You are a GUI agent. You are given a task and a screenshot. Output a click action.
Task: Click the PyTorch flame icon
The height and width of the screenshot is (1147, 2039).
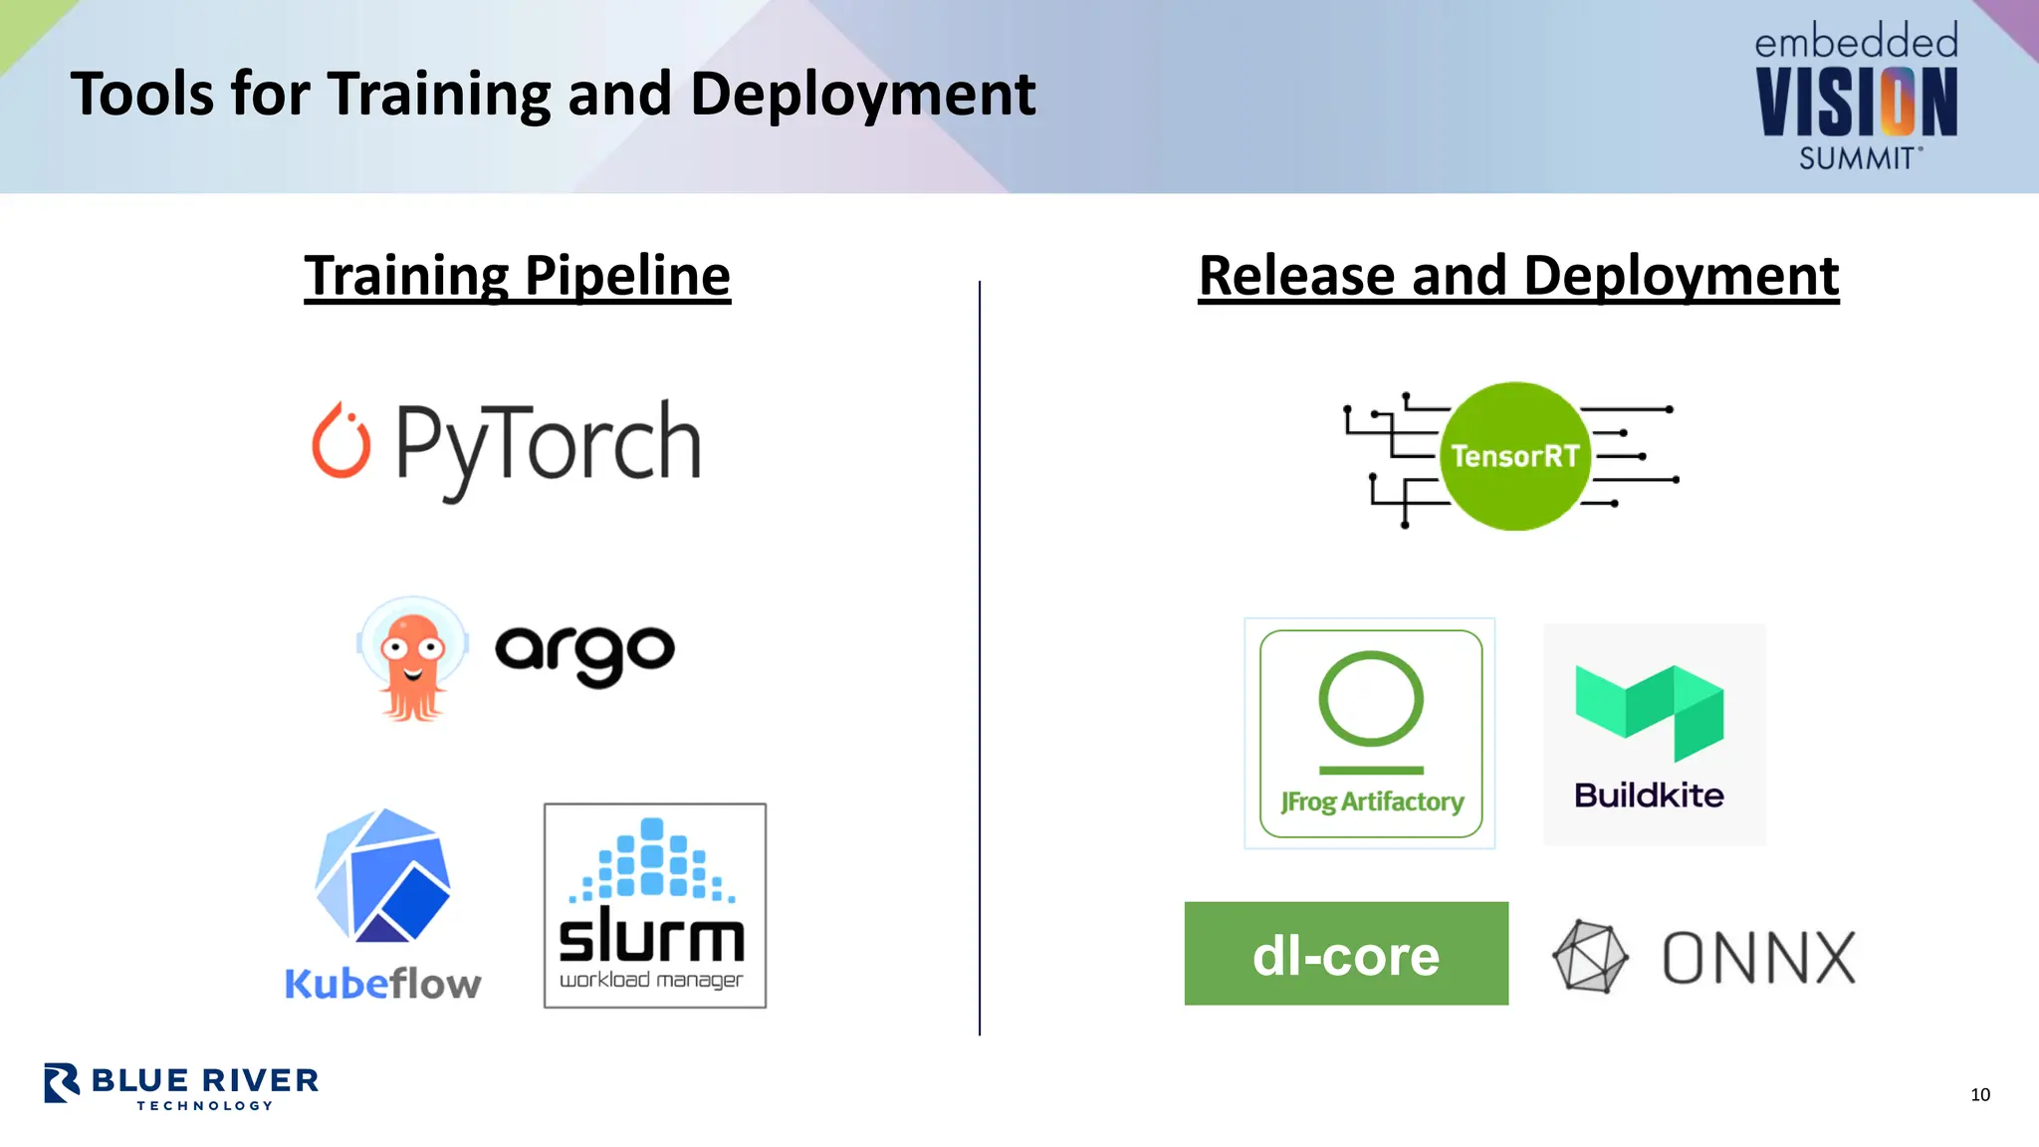pyautogui.click(x=341, y=442)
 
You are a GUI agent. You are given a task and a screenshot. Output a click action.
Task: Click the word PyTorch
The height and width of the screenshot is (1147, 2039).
pyautogui.click(x=549, y=444)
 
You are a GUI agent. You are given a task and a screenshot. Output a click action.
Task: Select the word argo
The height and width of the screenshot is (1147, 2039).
pyautogui.click(x=584, y=652)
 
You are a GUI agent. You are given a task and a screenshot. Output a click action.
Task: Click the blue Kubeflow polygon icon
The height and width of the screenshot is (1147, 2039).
pyautogui.click(x=383, y=876)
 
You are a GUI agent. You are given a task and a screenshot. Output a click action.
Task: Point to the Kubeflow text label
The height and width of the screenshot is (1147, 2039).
pyautogui.click(x=383, y=984)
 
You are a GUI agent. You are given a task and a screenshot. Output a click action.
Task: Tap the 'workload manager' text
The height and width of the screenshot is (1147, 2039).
pyautogui.click(x=651, y=980)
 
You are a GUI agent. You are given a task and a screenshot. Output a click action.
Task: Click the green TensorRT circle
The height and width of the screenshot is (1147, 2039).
pyautogui.click(x=1514, y=456)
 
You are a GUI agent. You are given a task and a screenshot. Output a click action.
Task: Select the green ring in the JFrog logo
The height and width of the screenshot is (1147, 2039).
pyautogui.click(x=1371, y=698)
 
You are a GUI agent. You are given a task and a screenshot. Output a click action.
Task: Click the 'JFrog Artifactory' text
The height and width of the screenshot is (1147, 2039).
pyautogui.click(x=1372, y=802)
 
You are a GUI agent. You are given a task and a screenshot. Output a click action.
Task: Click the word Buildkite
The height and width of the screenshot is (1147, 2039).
pyautogui.click(x=1649, y=796)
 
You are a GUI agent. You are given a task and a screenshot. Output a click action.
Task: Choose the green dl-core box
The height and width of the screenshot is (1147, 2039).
pyautogui.click(x=1346, y=954)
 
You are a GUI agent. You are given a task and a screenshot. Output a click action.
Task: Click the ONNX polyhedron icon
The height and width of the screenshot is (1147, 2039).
pyautogui.click(x=1590, y=957)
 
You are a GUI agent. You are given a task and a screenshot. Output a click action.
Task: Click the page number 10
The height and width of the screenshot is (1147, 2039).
pyautogui.click(x=1979, y=1094)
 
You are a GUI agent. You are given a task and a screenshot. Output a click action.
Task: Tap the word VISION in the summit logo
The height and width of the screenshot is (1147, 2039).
pyautogui.click(x=1857, y=102)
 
